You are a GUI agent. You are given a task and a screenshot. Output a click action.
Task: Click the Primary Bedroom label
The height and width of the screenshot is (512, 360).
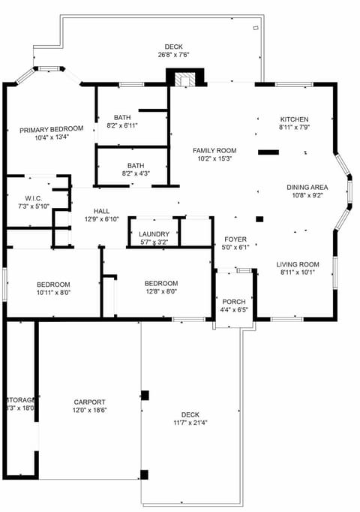coord(51,129)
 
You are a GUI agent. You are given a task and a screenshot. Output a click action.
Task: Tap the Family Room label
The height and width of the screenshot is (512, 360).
coord(214,150)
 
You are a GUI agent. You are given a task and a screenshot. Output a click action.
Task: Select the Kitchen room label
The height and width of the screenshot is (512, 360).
coord(294,119)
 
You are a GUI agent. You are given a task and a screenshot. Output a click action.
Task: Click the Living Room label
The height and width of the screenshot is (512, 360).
coord(298,264)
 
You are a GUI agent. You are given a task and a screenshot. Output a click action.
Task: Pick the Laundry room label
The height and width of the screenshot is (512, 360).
coord(154,234)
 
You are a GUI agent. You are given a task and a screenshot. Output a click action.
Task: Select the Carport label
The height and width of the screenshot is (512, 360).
coord(89,402)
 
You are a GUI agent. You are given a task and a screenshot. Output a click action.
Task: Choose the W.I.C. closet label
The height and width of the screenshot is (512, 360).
coord(32,197)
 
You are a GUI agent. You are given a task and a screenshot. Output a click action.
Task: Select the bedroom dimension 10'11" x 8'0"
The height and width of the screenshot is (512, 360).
coord(53,293)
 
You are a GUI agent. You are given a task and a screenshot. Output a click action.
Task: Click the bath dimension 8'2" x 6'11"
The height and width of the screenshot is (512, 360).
coord(122,125)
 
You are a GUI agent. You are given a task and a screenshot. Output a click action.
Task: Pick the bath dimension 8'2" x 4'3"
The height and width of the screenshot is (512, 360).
coord(135,174)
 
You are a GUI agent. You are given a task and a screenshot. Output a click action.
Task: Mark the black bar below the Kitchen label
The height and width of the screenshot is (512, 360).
coord(268,152)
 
